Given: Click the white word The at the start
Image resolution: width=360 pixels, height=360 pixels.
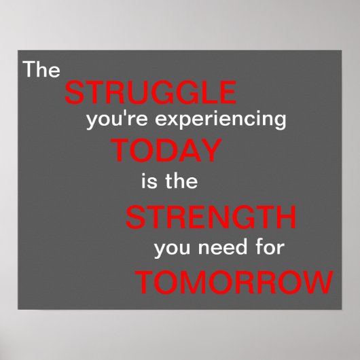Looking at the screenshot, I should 42,69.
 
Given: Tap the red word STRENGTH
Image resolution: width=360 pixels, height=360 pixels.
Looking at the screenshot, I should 211,219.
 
